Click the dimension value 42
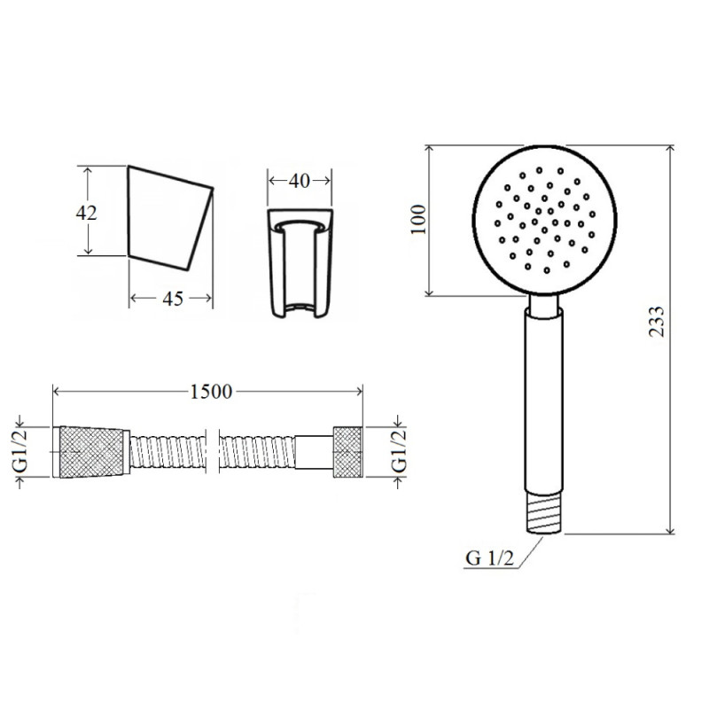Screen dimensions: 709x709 coord(86,213)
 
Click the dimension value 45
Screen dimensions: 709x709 coord(173,299)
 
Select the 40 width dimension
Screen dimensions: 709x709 coord(300,181)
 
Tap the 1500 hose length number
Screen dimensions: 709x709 coord(211,392)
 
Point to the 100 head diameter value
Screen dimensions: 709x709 coord(419,219)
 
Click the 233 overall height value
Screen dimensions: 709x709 coord(657,322)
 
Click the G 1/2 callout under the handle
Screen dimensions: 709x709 coord(490,558)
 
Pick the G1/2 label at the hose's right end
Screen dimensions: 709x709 coord(400,451)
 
